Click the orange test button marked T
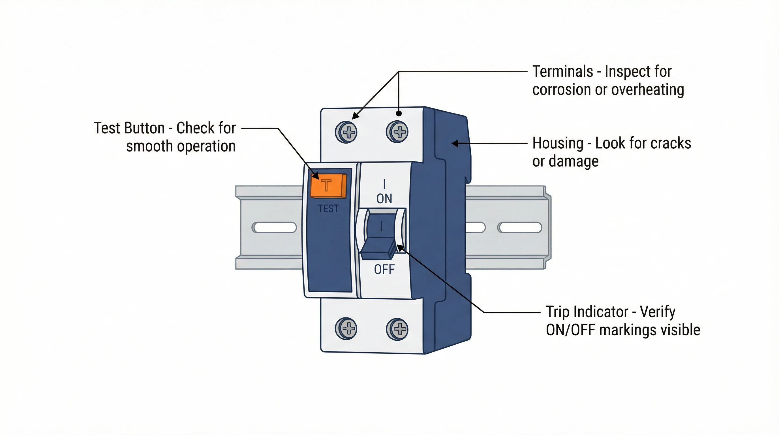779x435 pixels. point(328,185)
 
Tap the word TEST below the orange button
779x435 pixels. point(328,209)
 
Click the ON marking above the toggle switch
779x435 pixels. point(384,199)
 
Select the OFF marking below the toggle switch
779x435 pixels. point(384,269)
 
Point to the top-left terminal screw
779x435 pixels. point(346,132)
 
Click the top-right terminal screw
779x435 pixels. point(397,132)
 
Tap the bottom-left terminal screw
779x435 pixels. point(346,329)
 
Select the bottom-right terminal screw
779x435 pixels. point(397,329)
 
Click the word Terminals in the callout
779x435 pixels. point(562,72)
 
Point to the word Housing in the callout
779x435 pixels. point(558,143)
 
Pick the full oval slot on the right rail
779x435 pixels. point(520,227)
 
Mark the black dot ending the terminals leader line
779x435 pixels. point(399,114)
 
